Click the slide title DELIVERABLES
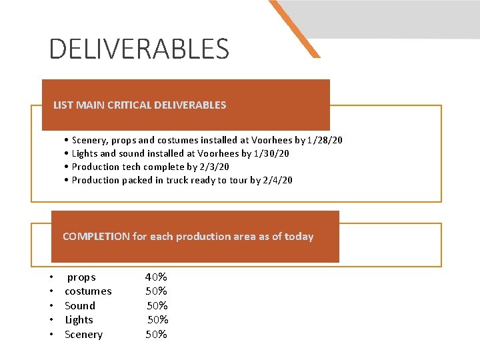click(x=139, y=49)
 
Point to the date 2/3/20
click(x=214, y=167)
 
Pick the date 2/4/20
click(x=278, y=180)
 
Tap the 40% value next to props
click(x=156, y=277)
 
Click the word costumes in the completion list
click(x=88, y=291)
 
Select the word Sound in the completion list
click(x=80, y=306)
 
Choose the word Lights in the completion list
click(x=79, y=320)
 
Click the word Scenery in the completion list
click(x=83, y=335)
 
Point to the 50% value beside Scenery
click(x=157, y=335)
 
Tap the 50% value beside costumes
click(x=157, y=291)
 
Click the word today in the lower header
click(x=299, y=237)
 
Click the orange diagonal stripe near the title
click(x=294, y=28)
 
